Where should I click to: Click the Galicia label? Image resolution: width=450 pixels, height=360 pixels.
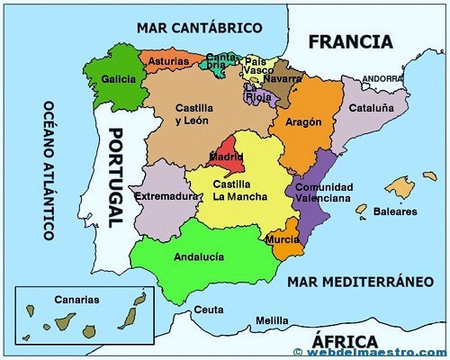coord(119,78)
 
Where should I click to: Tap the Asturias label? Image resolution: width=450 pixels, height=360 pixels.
coord(168,61)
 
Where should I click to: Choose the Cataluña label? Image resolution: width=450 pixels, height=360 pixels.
coord(371,107)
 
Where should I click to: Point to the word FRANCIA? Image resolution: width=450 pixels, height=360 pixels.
coord(350,41)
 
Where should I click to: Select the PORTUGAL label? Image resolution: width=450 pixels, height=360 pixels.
coord(116,176)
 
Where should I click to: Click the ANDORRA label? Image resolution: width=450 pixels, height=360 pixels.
coord(382,78)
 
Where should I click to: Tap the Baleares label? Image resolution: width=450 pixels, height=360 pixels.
coord(396,211)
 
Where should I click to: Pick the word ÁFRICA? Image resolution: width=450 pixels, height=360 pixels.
coord(344,340)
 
